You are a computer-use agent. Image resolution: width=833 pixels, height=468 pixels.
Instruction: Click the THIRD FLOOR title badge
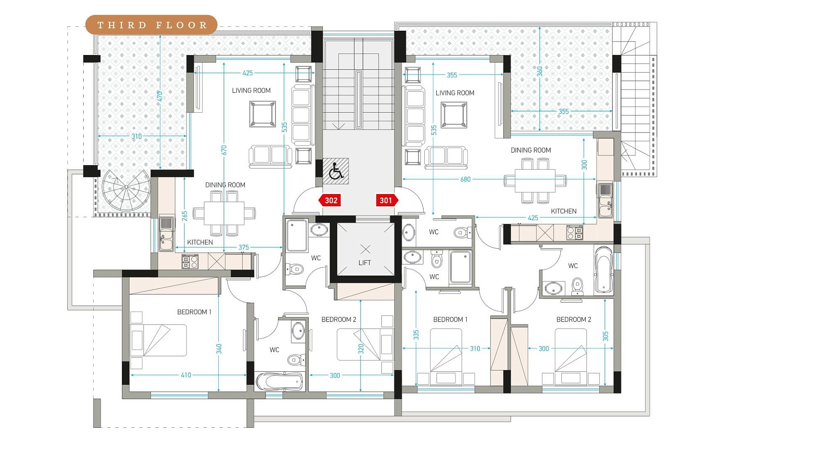pyautogui.click(x=151, y=25)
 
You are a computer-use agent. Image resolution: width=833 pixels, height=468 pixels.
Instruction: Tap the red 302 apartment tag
pyautogui.click(x=330, y=200)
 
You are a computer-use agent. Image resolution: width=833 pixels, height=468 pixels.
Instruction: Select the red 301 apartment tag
pyautogui.click(x=387, y=200)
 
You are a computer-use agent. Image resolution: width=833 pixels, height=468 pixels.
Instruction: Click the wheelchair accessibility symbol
pyautogui.click(x=336, y=171)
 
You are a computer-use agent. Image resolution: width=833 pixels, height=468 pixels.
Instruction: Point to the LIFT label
pyautogui.click(x=365, y=263)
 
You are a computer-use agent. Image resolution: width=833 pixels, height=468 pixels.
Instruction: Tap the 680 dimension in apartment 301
pyautogui.click(x=465, y=179)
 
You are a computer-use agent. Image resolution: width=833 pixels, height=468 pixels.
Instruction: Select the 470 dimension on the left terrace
pyautogui.click(x=160, y=96)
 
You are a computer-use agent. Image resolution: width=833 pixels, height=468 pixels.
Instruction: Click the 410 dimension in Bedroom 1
pyautogui.click(x=186, y=375)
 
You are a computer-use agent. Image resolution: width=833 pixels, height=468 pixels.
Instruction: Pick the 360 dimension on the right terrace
pyautogui.click(x=540, y=71)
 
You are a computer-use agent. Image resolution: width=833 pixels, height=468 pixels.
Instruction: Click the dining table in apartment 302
pyautogui.click(x=224, y=213)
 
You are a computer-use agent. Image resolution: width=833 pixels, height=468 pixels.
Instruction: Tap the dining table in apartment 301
pyautogui.click(x=535, y=181)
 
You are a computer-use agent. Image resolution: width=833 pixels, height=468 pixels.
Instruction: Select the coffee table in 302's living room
pyautogui.click(x=262, y=114)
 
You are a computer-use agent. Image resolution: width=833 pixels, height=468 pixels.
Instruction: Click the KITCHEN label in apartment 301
pyautogui.click(x=564, y=211)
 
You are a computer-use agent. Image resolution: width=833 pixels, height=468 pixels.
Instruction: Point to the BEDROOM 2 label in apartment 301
pyautogui.click(x=574, y=319)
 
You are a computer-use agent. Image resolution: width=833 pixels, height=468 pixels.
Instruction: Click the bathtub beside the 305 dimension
pyautogui.click(x=603, y=270)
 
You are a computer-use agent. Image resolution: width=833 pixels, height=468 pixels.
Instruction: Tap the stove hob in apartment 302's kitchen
pyautogui.click(x=190, y=262)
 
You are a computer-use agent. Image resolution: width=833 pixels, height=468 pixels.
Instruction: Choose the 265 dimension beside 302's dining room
pyautogui.click(x=184, y=216)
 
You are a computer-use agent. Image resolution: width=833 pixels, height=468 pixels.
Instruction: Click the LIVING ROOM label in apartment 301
pyautogui.click(x=455, y=93)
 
